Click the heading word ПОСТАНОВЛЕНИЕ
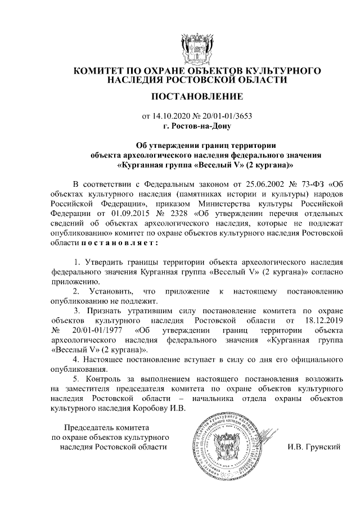196,97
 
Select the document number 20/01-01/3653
226,117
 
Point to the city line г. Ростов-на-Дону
196,126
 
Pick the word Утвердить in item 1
104,262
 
